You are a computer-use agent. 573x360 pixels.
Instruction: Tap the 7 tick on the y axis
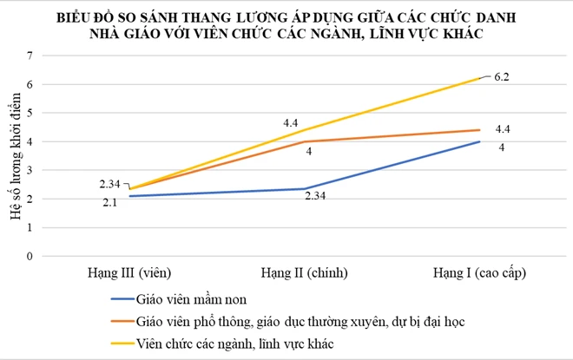30,56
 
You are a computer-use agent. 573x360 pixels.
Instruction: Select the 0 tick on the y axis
30,256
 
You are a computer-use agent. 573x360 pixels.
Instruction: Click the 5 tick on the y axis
30,113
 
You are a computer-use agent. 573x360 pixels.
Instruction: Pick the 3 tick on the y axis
30,170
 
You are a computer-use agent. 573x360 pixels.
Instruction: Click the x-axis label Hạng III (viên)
128,272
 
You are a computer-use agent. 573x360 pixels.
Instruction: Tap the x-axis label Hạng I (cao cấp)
480,272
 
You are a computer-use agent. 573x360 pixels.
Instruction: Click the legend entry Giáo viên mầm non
191,300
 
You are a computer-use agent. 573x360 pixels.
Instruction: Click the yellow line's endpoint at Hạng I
480,78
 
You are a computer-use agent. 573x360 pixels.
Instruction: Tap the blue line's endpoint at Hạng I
480,141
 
